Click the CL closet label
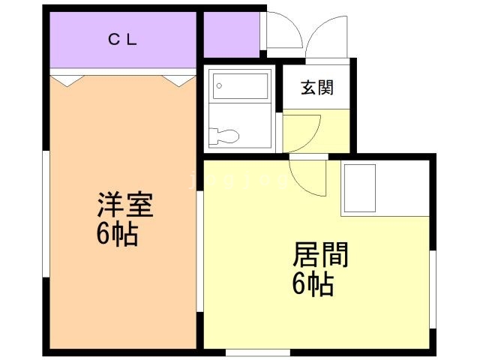[121, 40]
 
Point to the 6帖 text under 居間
[313, 285]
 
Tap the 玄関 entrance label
[317, 88]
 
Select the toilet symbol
[226, 136]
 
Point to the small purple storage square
[231, 34]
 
